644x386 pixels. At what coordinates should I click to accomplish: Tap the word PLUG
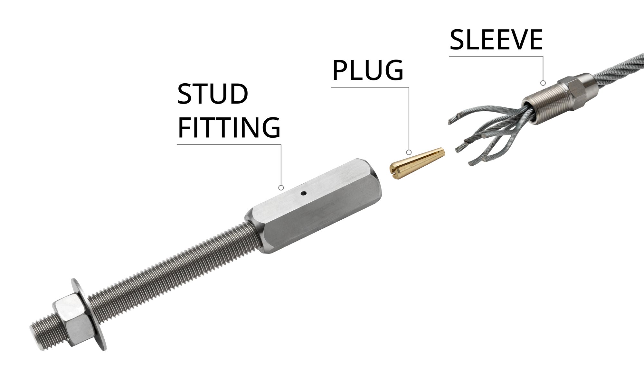368,70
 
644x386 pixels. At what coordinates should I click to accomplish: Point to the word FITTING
229,128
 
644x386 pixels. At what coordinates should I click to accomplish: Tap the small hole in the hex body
303,193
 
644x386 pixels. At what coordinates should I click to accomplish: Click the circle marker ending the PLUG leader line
409,152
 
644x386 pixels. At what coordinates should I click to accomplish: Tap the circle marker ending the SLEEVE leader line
543,83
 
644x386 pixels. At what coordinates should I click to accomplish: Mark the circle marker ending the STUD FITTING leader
281,188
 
